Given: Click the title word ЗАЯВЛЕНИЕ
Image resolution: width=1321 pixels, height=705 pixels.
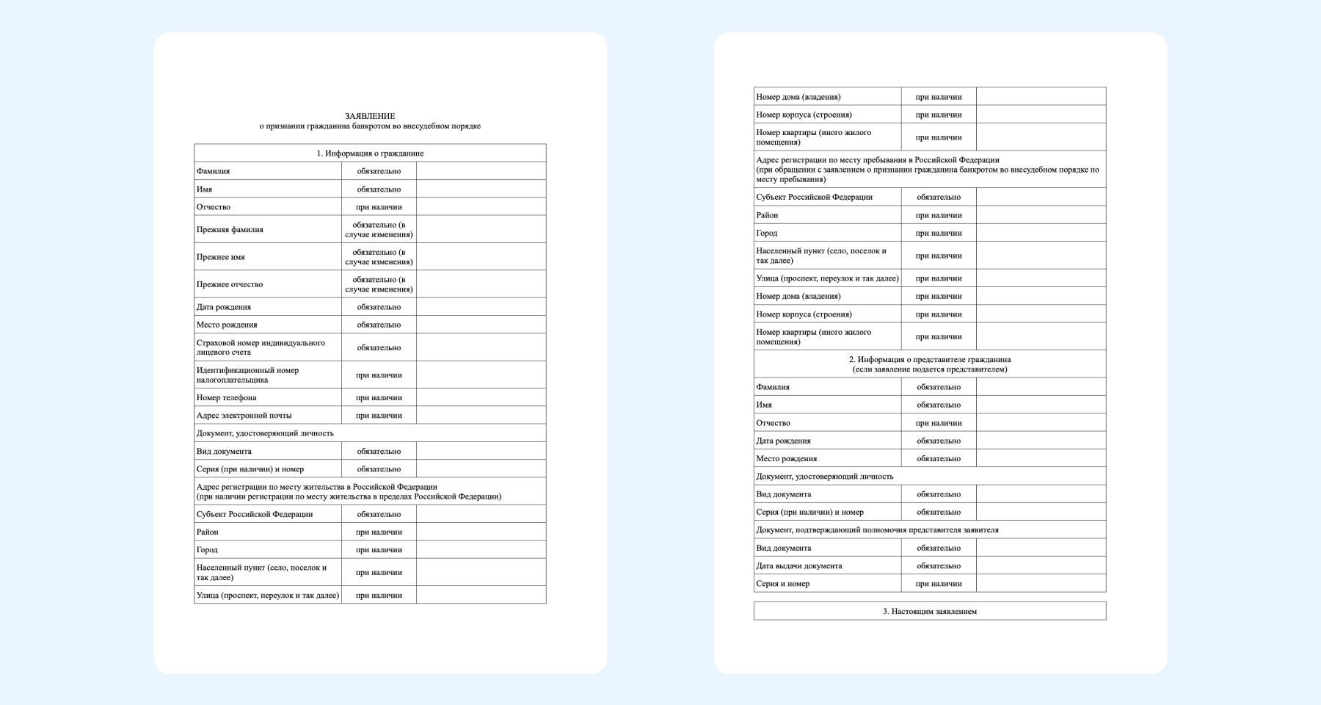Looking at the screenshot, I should (x=370, y=116).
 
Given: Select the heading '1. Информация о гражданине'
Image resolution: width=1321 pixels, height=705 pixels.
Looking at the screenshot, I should (x=370, y=153).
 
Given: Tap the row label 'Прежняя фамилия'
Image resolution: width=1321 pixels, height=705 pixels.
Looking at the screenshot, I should (x=230, y=230).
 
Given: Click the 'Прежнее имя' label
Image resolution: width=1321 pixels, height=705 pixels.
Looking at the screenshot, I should (x=221, y=257).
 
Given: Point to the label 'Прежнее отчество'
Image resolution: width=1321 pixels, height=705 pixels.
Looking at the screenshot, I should (x=230, y=284).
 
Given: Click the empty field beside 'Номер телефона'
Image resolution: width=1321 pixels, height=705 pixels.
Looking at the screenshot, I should (x=481, y=397).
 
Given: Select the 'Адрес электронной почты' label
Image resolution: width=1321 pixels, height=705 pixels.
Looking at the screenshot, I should (x=244, y=416).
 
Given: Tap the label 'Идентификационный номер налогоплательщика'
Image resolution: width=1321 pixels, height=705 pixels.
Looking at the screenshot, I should (x=247, y=375).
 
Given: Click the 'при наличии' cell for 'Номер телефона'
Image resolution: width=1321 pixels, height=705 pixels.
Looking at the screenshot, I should (x=379, y=397).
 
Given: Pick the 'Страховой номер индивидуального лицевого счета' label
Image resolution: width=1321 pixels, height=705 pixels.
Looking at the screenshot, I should (x=261, y=347).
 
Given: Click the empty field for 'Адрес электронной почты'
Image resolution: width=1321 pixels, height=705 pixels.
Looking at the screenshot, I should (x=481, y=416).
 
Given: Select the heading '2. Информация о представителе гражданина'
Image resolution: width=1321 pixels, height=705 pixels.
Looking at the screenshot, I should (x=930, y=360).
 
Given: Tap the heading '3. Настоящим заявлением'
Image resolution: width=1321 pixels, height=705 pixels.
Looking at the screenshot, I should (x=930, y=611).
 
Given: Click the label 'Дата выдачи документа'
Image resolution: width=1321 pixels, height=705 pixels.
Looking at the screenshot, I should (x=799, y=566).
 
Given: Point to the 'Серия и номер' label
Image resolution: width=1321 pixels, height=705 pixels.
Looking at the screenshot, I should (x=783, y=584).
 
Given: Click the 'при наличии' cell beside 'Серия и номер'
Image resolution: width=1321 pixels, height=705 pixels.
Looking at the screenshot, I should (x=939, y=584).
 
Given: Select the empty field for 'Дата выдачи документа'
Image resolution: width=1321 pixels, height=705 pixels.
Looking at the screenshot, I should (x=1041, y=566).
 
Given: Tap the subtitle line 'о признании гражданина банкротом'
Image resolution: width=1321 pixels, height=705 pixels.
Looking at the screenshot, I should (x=370, y=126).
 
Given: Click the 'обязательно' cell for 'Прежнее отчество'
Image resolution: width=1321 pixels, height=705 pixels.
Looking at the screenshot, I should (x=379, y=284).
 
